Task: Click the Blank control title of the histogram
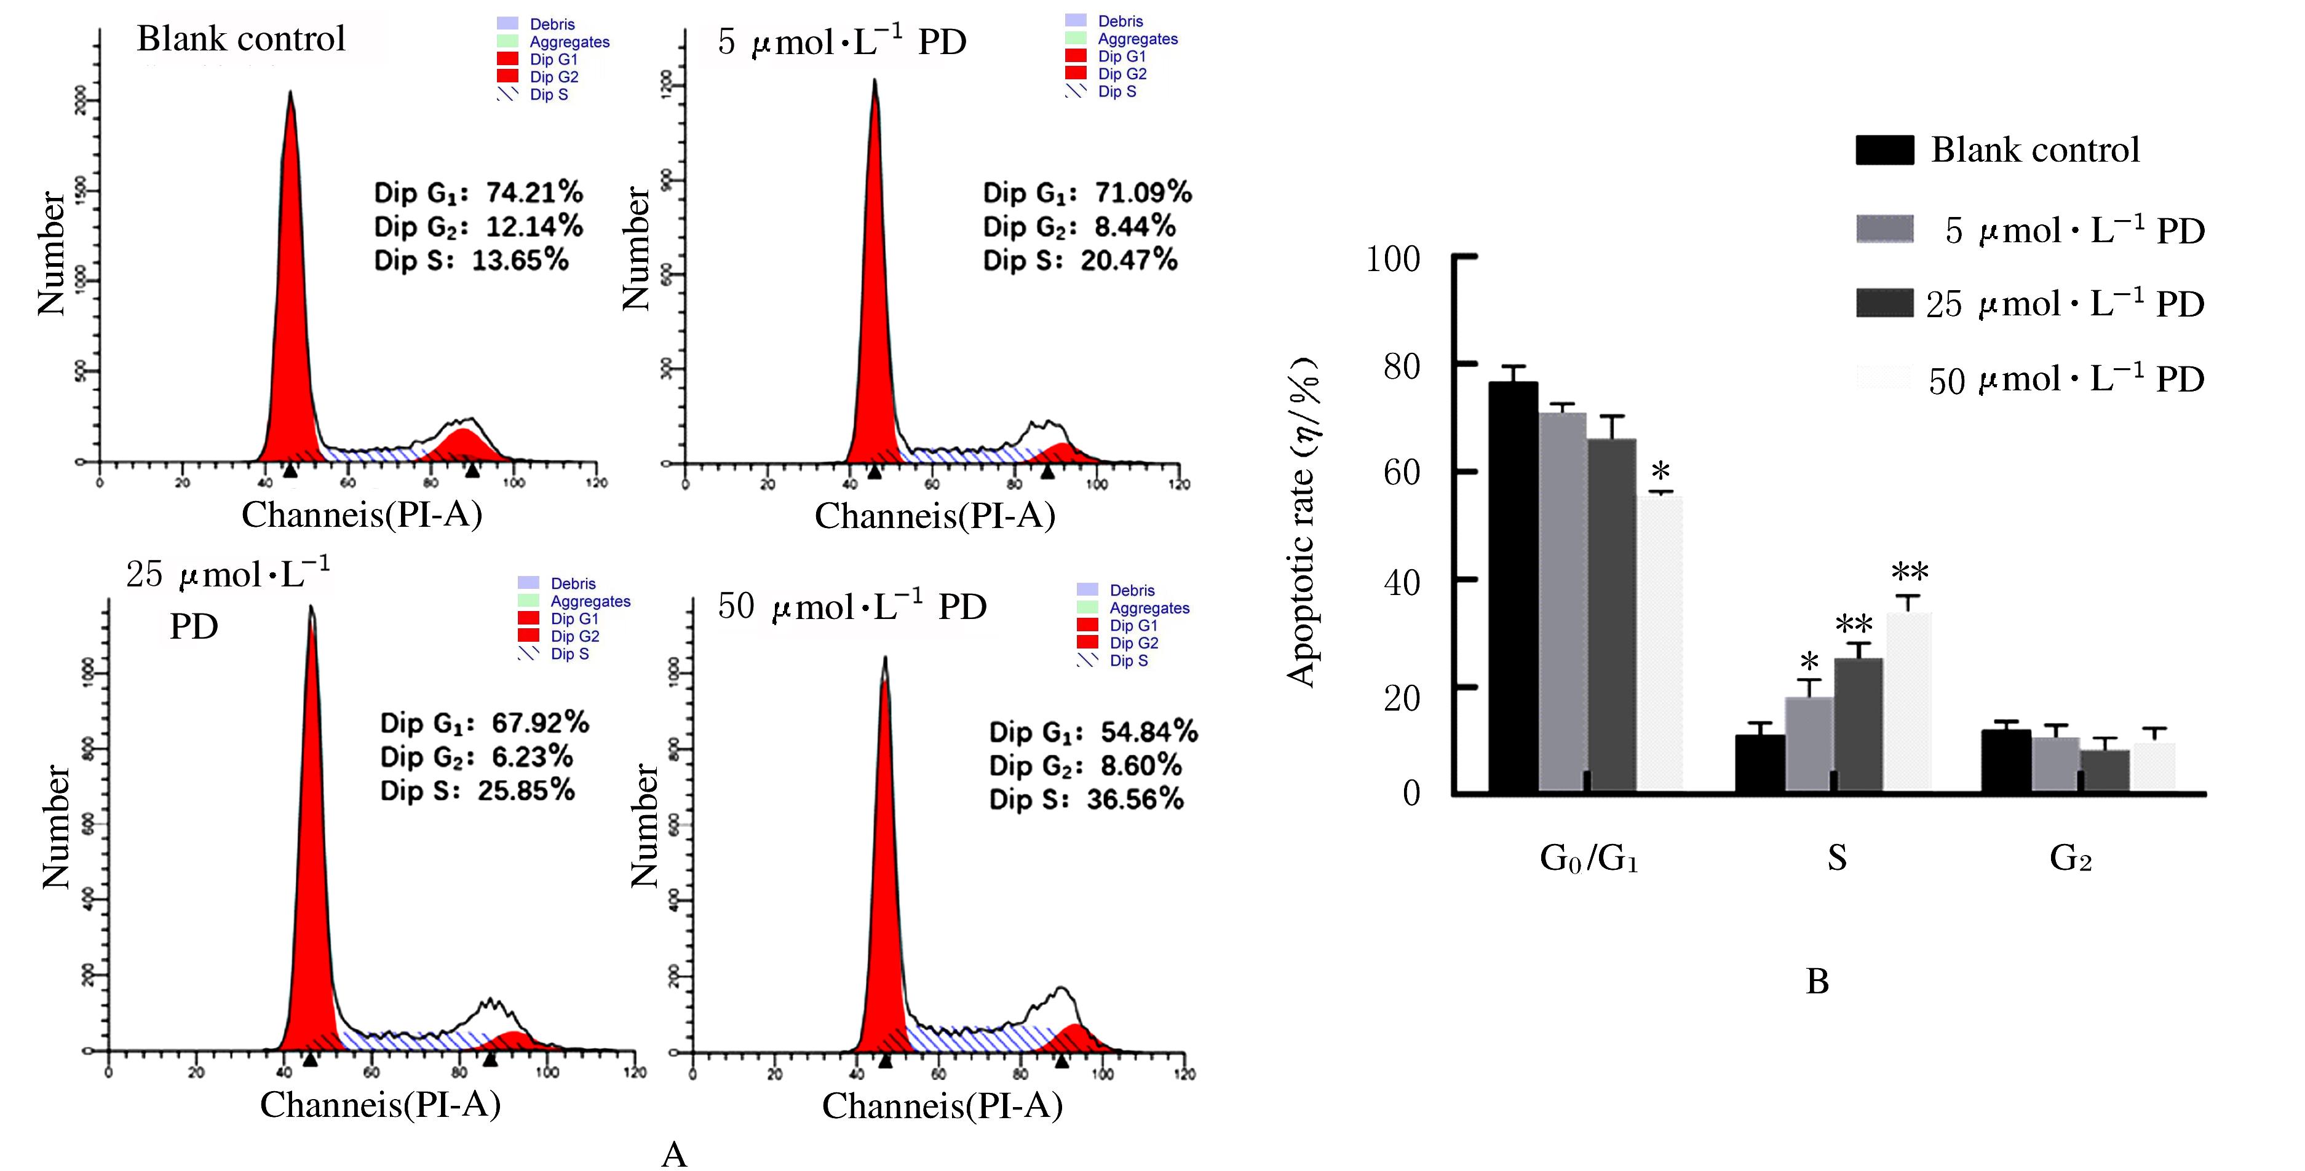coord(240,39)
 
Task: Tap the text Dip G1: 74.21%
coord(478,192)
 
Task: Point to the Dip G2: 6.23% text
coord(476,757)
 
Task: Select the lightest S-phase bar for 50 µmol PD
coord(1908,702)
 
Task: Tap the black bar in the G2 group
coord(2005,760)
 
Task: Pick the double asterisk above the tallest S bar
coord(1910,572)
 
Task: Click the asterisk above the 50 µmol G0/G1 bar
coord(1660,472)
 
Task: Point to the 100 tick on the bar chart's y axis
coord(1393,259)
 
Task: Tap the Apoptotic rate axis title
coord(1303,523)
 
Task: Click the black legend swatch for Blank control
coord(1884,150)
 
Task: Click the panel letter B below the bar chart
coord(1817,981)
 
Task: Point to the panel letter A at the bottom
coord(674,1154)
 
